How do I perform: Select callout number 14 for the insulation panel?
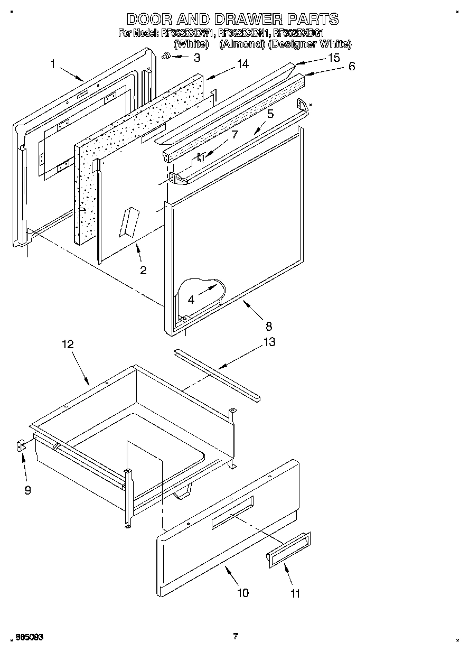tap(242, 64)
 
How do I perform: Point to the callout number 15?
tap(334, 58)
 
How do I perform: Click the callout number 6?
tap(352, 67)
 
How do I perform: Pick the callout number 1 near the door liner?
tap(53, 64)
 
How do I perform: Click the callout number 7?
tap(235, 135)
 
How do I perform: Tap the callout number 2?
tap(143, 271)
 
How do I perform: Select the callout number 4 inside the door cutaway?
tap(191, 299)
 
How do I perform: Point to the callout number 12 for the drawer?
tap(68, 344)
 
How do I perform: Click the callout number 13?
tap(269, 342)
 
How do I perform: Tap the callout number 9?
tap(27, 490)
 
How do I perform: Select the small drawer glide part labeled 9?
tap(20, 446)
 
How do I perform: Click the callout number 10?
tap(242, 593)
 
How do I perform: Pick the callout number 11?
tap(295, 593)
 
